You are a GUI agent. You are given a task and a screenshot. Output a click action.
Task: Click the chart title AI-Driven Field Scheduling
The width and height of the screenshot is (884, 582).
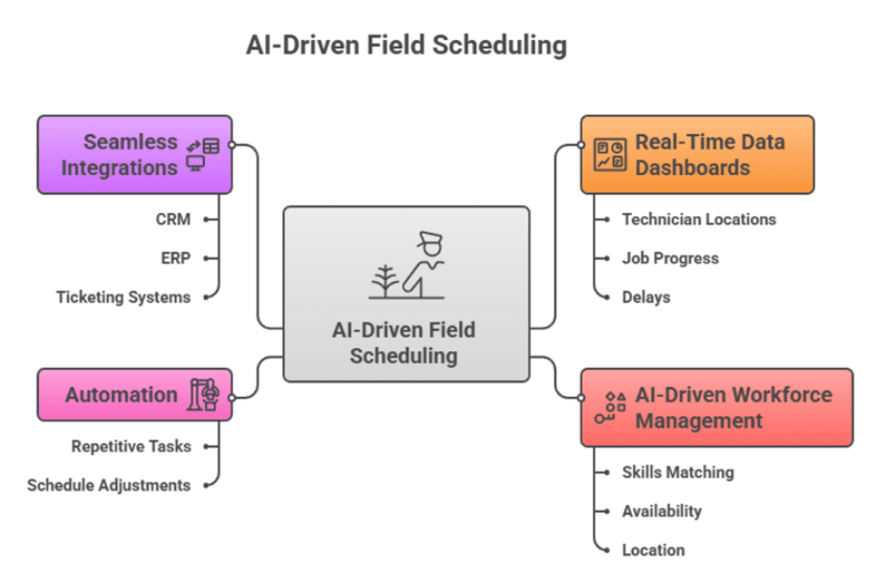click(406, 45)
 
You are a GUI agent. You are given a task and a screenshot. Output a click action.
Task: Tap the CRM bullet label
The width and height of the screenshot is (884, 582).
click(173, 220)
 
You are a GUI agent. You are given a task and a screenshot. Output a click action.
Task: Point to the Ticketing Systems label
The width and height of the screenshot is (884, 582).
click(123, 297)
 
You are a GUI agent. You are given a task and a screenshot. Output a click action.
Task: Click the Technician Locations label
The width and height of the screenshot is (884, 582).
click(699, 220)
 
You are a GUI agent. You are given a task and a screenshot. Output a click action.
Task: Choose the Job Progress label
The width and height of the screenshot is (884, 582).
click(670, 258)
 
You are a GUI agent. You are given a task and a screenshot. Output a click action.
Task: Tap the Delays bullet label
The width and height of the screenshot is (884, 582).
click(646, 297)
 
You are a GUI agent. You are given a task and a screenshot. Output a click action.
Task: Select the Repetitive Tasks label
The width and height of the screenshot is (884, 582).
click(131, 446)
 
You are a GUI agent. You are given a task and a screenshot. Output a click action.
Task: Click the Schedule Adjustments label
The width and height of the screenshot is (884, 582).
click(109, 485)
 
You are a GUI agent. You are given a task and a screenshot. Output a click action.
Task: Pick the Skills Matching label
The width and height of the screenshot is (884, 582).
click(677, 472)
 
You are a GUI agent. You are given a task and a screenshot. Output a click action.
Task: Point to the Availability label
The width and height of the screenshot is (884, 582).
click(662, 511)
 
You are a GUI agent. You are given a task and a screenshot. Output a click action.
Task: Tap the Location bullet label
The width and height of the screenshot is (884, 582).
click(653, 550)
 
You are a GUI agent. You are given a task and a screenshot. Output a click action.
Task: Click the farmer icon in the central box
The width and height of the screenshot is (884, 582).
click(407, 266)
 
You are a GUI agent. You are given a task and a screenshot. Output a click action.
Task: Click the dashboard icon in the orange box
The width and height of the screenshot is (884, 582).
click(610, 155)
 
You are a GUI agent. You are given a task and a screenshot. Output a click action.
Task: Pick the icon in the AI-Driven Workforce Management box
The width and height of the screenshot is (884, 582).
click(610, 408)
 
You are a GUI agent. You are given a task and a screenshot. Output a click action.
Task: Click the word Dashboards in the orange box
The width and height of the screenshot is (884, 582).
click(692, 169)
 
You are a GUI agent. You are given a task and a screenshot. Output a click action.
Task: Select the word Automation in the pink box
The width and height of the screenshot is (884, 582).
click(121, 395)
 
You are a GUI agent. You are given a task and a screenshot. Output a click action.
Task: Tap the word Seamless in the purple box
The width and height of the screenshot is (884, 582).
click(130, 142)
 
